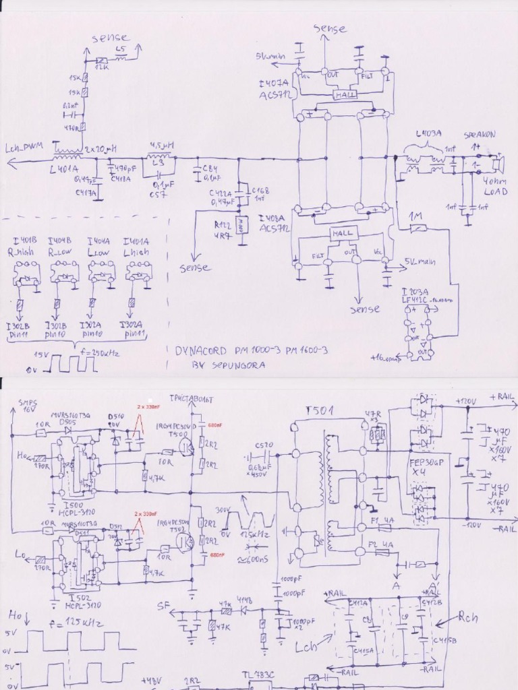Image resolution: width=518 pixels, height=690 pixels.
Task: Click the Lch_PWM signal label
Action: (x=24, y=148)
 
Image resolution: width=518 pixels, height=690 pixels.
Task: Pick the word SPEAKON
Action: (x=480, y=135)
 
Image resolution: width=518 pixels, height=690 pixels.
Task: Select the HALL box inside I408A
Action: (x=342, y=232)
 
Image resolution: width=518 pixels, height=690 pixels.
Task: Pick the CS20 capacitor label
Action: (x=264, y=445)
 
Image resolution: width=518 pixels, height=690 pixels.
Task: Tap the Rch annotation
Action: (x=467, y=617)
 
